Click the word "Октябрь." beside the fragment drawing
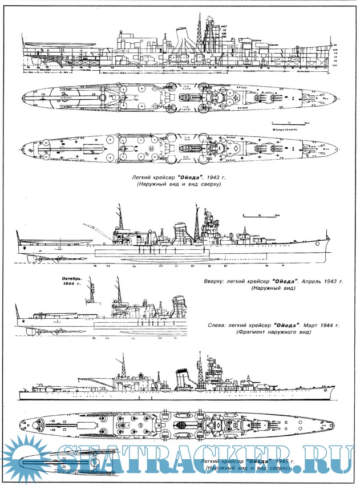tap(72, 278)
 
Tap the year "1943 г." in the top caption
tap(215, 178)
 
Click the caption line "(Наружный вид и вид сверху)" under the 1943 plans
tap(177, 186)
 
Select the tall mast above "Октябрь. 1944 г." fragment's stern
tap(119, 291)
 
